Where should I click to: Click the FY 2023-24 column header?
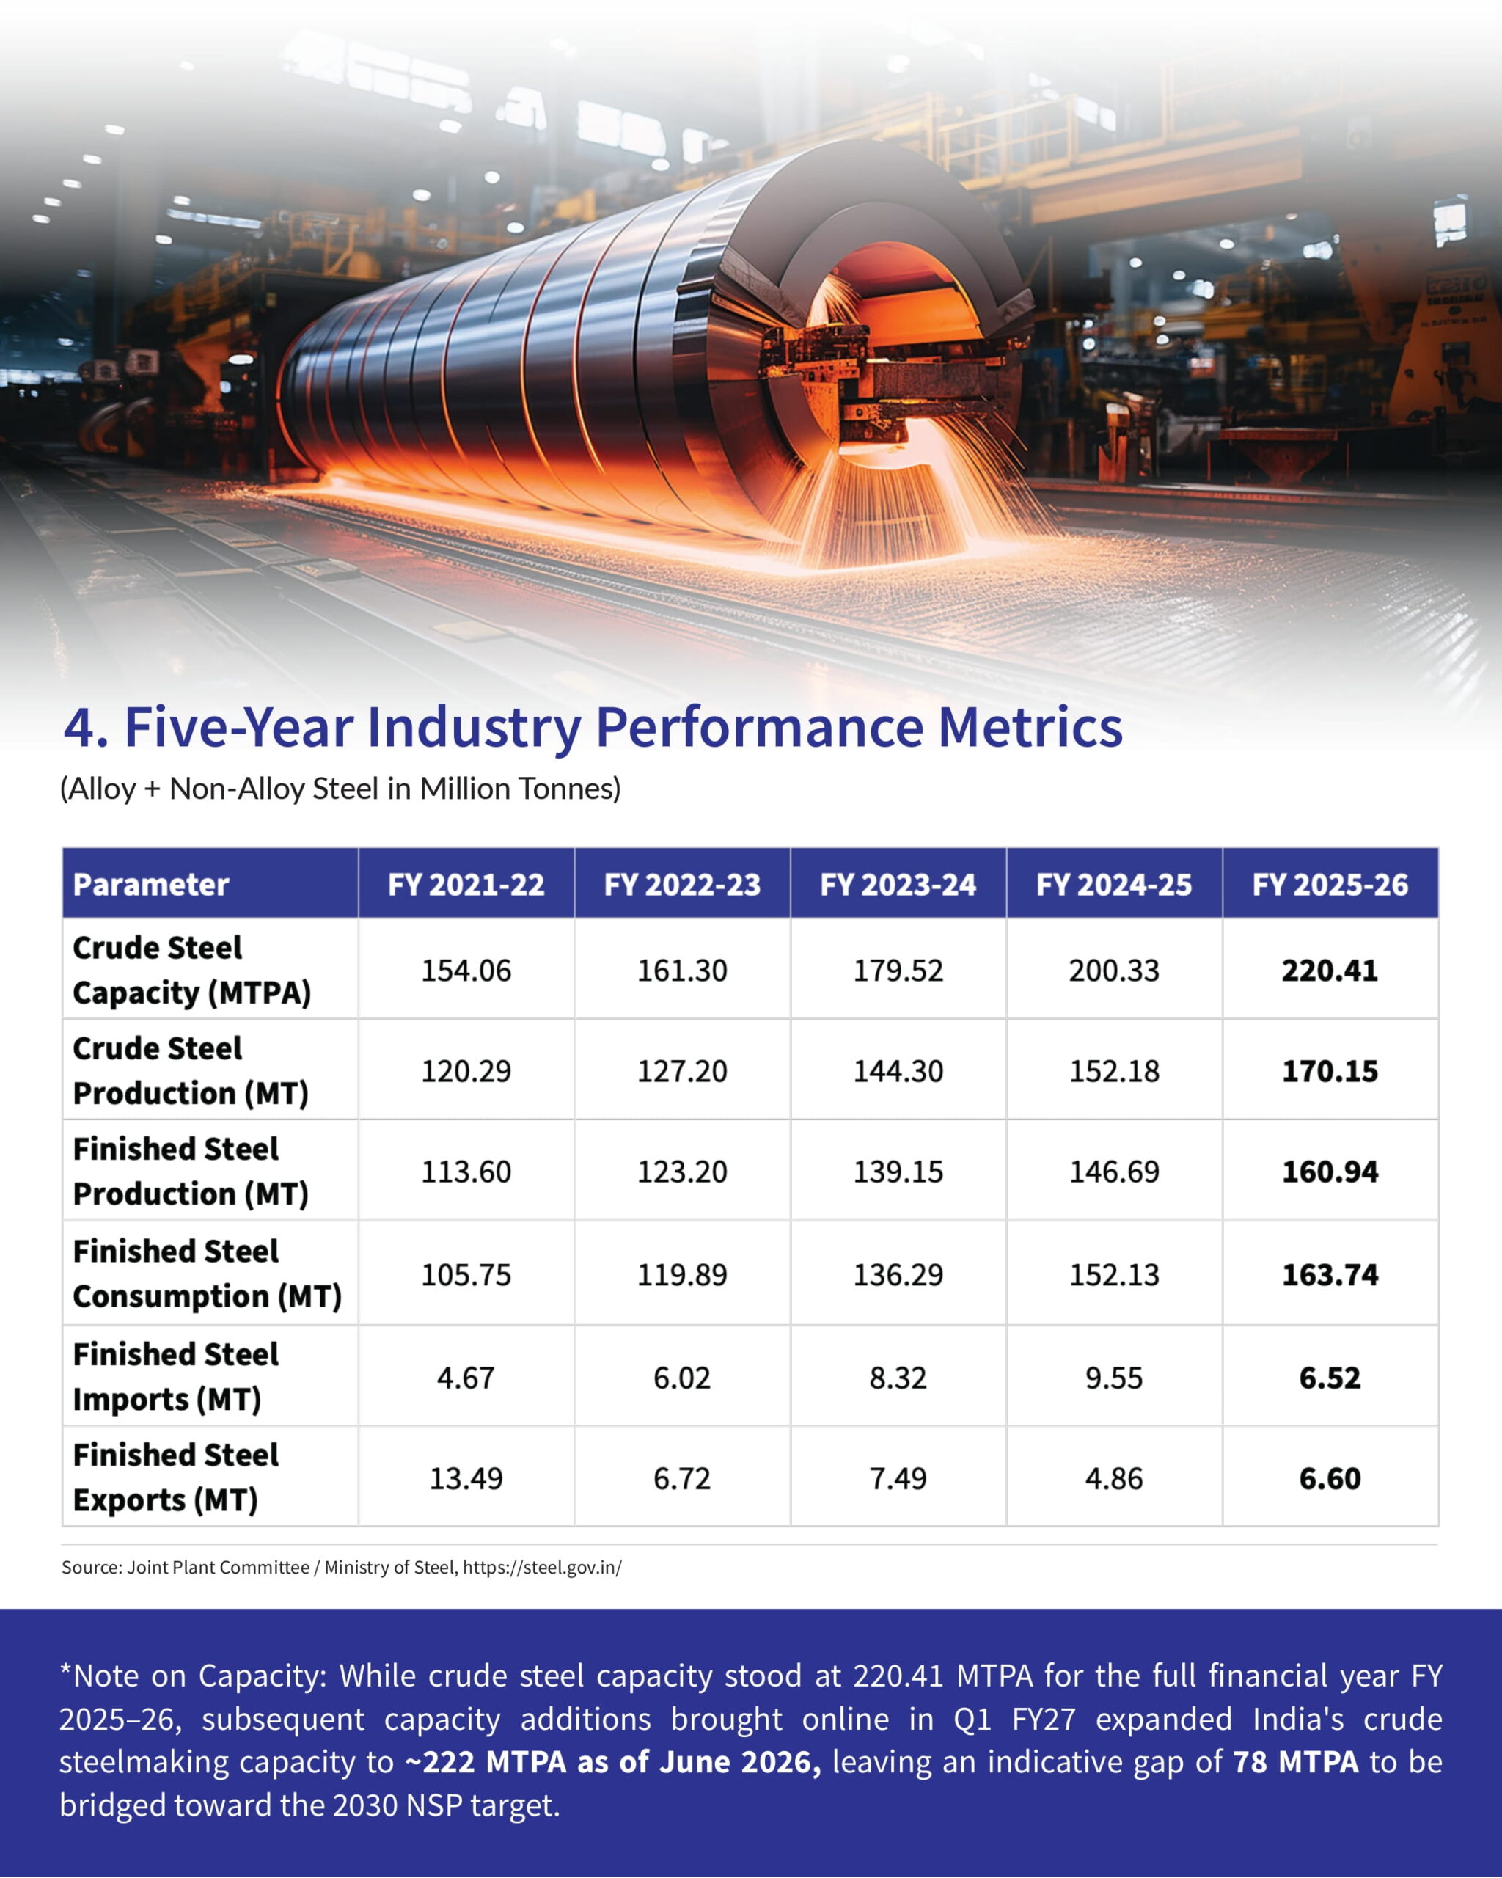898,884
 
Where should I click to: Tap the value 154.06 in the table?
466,971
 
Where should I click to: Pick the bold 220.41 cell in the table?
1330,971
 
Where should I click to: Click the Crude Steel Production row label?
191,1070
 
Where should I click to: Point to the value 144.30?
898,1070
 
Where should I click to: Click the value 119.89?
682,1274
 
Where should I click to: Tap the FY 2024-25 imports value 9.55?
1113,1378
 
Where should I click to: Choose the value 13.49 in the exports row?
466,1478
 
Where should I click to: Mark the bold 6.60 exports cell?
1330,1478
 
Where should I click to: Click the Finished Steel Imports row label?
176,1376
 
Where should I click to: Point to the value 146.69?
1113,1172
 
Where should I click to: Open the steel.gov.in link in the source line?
541,1568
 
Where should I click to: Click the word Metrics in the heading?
1030,726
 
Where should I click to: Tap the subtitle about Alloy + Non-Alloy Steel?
340,789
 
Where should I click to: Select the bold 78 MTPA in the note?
1296,1761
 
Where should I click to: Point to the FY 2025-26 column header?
1330,884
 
